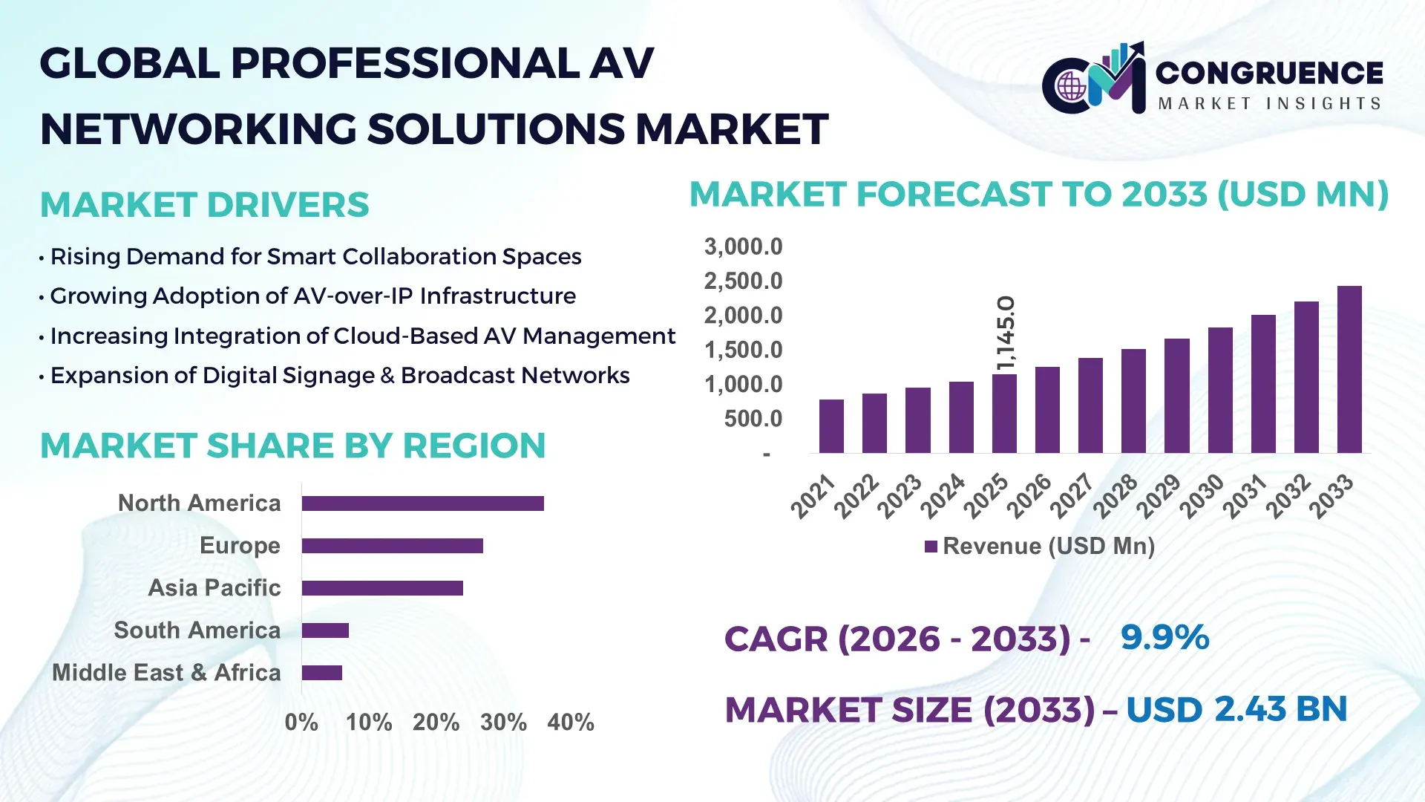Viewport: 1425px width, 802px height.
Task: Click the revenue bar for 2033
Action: point(1349,370)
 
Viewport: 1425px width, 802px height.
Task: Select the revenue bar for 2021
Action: point(831,426)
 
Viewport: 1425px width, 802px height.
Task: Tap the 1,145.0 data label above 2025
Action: point(1006,333)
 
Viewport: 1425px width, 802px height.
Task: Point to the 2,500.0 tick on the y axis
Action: point(743,281)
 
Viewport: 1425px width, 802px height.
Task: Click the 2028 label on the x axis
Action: point(1115,495)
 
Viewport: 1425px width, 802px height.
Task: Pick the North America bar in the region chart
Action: point(422,503)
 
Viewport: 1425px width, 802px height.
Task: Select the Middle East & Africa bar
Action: point(321,673)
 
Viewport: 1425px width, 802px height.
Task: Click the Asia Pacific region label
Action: point(214,587)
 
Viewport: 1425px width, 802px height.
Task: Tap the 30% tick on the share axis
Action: point(503,722)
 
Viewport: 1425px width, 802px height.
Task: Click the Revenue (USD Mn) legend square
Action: point(931,547)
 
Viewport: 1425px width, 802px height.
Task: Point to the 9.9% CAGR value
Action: point(1164,637)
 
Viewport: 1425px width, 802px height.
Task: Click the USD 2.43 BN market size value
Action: point(1236,709)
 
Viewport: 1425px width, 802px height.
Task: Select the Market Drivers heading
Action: point(204,205)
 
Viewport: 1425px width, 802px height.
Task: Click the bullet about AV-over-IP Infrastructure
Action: point(312,296)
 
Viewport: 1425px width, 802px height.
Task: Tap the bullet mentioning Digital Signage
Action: point(339,375)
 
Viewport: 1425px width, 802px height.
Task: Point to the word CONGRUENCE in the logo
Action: point(1268,73)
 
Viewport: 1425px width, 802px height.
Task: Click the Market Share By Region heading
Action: point(292,446)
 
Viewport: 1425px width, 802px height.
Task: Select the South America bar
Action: point(325,630)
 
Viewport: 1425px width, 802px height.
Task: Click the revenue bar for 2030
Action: point(1219,391)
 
